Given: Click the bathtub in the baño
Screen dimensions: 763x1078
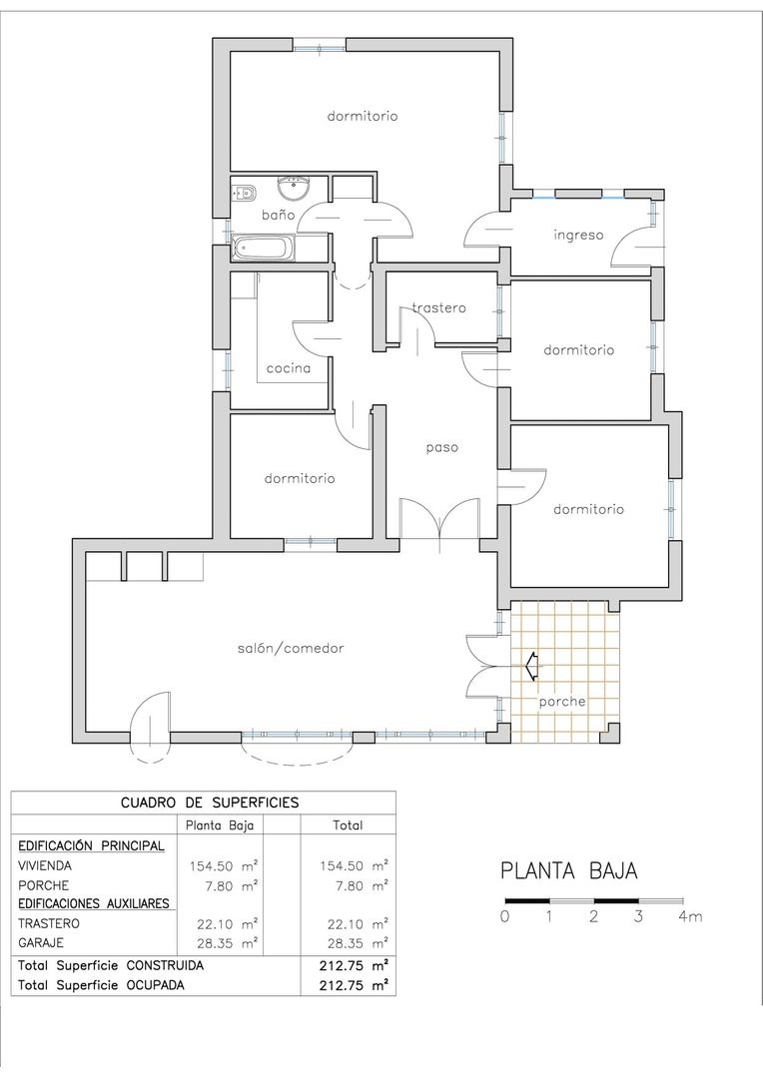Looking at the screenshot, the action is click(x=264, y=249).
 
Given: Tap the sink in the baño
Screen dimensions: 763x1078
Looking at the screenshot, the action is click(x=295, y=187).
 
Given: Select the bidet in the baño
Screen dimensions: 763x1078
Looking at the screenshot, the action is click(x=243, y=192).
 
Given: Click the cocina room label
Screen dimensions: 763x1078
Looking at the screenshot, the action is click(x=289, y=368).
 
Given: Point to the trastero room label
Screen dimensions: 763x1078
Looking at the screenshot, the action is click(x=439, y=308).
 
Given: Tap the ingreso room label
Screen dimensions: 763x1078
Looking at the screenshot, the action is click(x=578, y=236).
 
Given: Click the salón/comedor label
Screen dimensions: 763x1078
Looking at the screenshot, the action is click(x=291, y=649).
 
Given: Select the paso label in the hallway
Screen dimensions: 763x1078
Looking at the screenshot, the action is click(x=441, y=447).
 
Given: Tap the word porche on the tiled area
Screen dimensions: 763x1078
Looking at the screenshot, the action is click(x=562, y=702).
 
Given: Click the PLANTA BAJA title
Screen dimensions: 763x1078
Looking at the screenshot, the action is click(x=569, y=871).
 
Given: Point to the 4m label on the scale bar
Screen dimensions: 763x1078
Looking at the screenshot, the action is click(x=689, y=916).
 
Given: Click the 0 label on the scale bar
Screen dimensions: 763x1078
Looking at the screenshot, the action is click(x=505, y=916).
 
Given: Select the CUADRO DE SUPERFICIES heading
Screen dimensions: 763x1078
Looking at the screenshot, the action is click(x=210, y=803).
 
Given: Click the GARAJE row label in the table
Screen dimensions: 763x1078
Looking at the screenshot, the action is click(x=41, y=942).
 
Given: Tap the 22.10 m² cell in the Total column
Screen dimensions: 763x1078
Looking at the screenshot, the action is click(x=354, y=923).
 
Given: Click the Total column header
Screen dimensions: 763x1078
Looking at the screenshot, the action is click(x=348, y=825).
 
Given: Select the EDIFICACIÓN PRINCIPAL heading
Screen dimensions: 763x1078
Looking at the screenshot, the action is click(x=91, y=845).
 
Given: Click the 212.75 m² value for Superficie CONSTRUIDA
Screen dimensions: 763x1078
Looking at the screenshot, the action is click(x=354, y=965).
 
